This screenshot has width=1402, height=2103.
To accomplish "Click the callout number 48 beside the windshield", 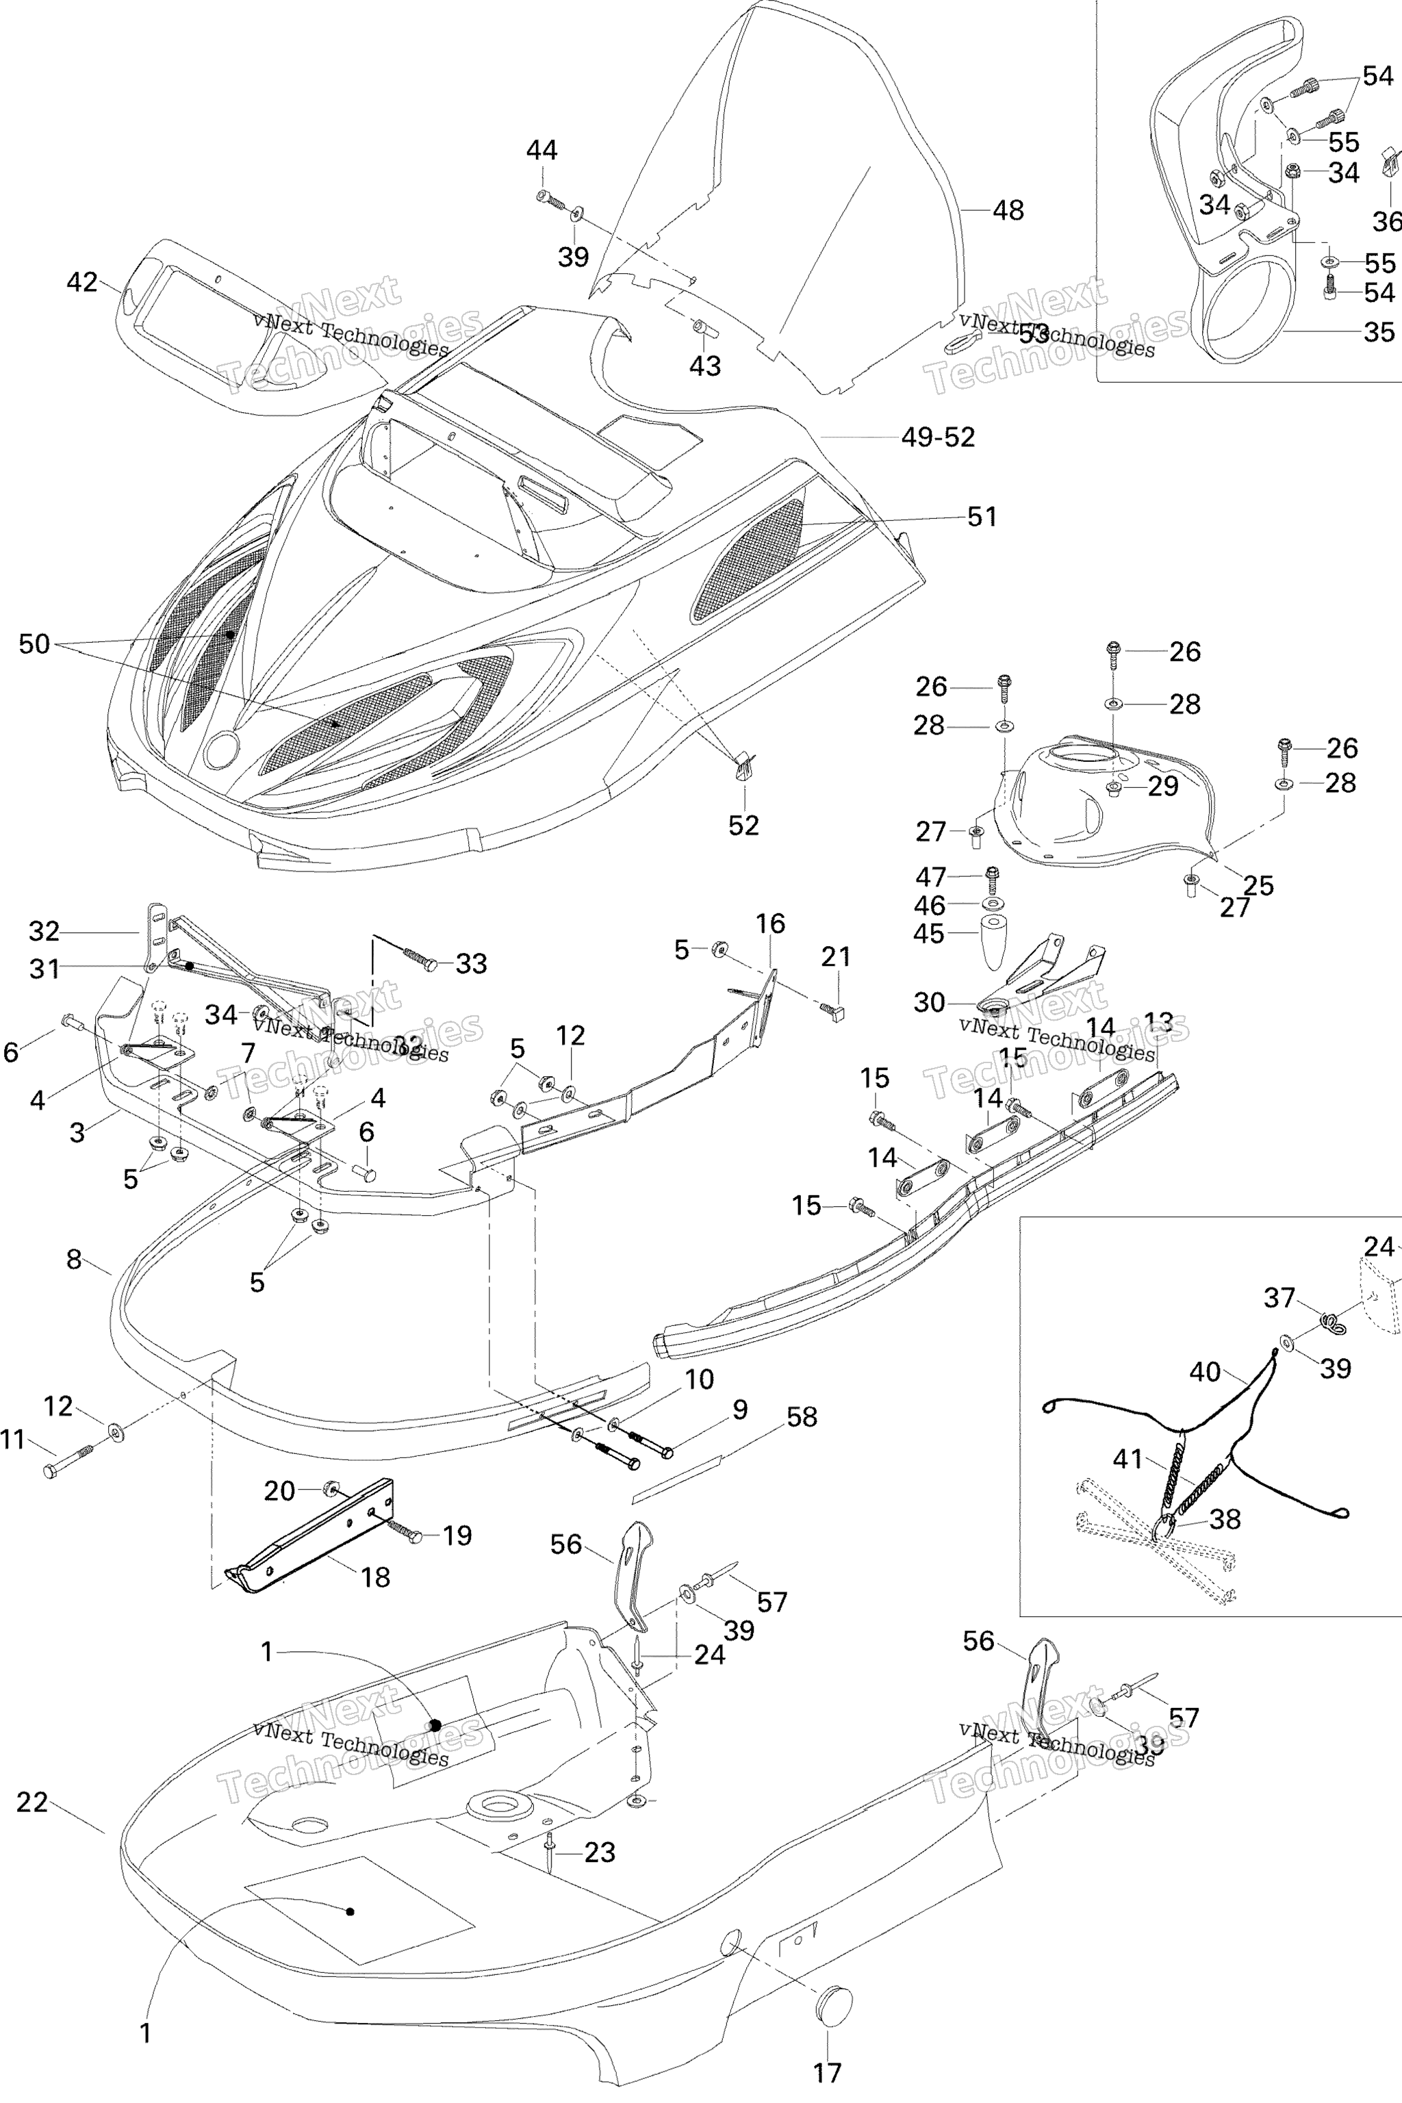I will click(x=1008, y=210).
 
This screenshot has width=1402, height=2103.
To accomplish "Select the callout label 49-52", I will click(x=938, y=437).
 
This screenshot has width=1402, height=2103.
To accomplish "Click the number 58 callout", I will click(x=802, y=1416).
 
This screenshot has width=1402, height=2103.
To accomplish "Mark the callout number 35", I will click(x=1379, y=333).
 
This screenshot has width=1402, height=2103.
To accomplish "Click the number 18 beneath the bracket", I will click(x=376, y=1577).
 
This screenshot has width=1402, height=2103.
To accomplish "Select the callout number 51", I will click(x=982, y=517).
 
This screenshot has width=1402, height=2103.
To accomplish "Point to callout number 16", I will click(x=770, y=923).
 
